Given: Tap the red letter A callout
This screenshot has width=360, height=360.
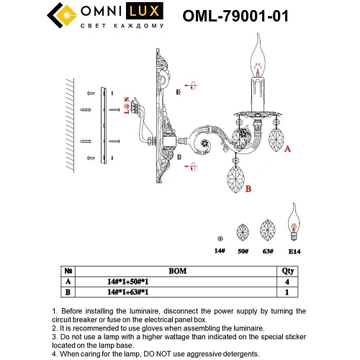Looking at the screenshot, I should pos(287,149).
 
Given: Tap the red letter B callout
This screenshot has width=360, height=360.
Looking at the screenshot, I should pos(247,191).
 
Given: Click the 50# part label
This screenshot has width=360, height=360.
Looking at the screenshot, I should pos(243,252).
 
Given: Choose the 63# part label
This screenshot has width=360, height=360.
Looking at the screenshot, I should pos(267,252).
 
